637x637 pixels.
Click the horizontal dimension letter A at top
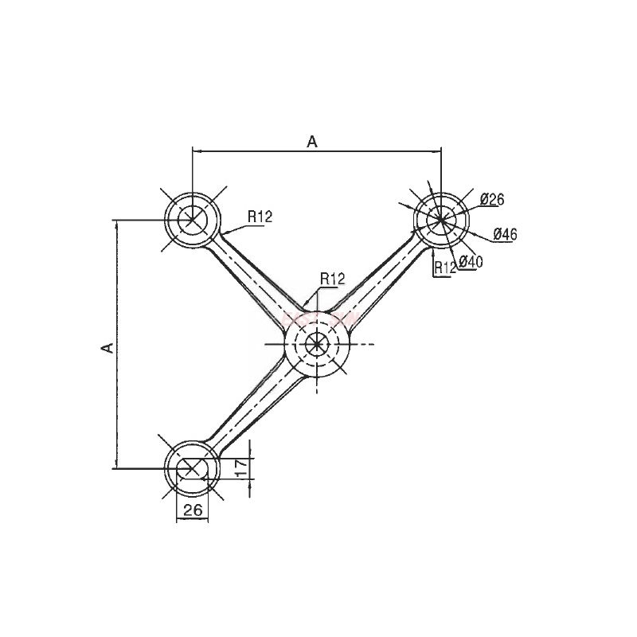click(x=312, y=142)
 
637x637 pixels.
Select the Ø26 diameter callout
click(x=493, y=200)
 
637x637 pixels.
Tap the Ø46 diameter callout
click(x=506, y=234)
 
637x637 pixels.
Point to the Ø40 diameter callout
click(x=471, y=262)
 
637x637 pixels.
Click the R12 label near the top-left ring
click(x=260, y=216)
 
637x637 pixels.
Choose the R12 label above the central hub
click(x=332, y=279)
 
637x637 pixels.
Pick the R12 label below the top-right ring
click(x=444, y=268)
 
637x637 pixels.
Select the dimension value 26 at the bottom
click(x=192, y=511)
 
